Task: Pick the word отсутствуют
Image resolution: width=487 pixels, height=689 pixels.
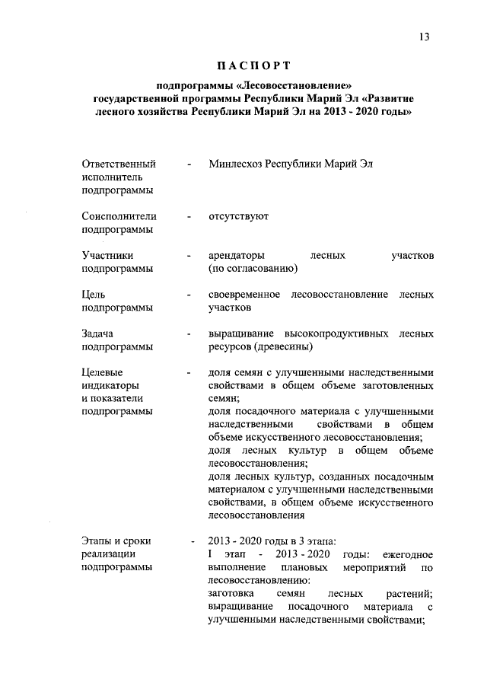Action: pos(238,216)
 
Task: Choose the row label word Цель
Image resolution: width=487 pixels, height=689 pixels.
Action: pos(95,295)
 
